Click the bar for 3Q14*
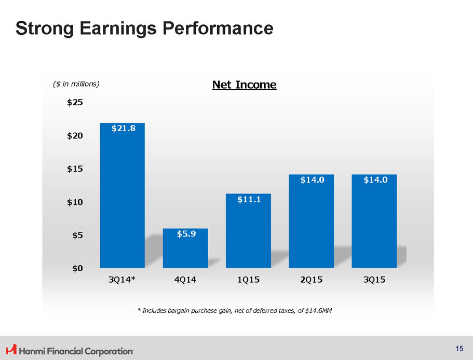tap(122, 197)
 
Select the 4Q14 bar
tap(185, 249)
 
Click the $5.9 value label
tap(185, 234)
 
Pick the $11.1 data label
tap(248, 199)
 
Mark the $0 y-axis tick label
tap(77, 268)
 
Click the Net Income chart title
tap(244, 84)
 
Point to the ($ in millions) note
tap(76, 84)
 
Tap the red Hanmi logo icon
tap(10, 350)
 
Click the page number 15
tap(460, 349)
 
